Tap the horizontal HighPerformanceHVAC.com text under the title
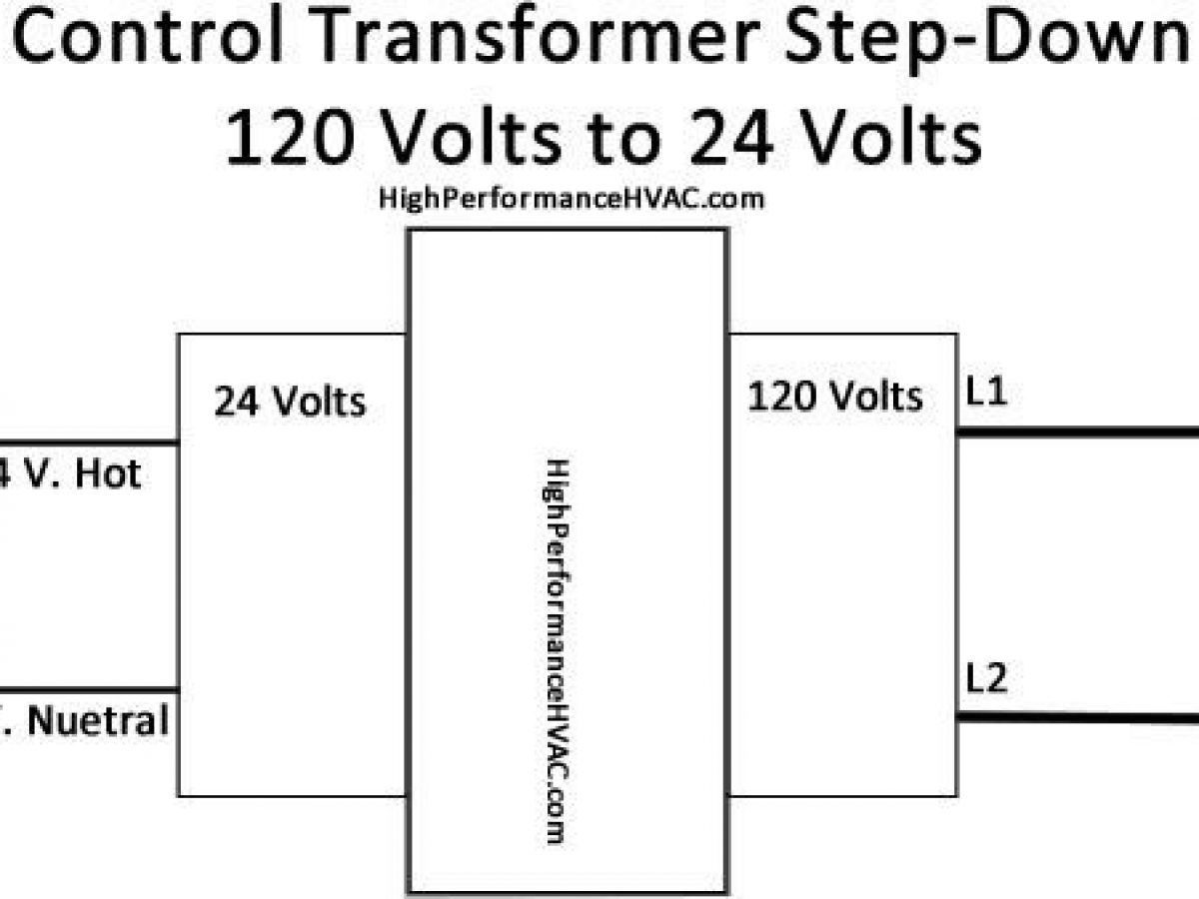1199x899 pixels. (x=572, y=199)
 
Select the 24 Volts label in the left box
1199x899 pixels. (x=290, y=402)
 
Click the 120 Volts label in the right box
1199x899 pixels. (x=835, y=398)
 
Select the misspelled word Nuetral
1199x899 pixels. (x=98, y=721)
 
